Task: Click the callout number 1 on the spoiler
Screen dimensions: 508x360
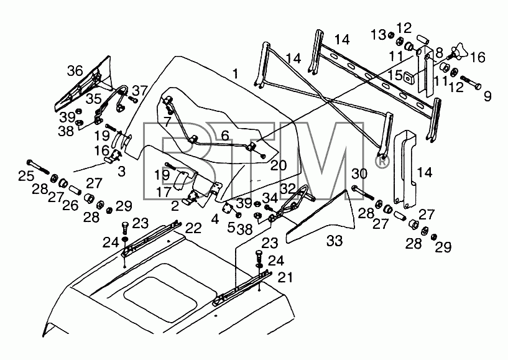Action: (236, 74)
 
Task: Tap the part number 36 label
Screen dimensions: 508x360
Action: (75, 71)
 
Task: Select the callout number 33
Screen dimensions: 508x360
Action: (335, 241)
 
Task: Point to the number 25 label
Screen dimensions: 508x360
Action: (26, 177)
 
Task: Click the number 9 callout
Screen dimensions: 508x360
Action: (487, 96)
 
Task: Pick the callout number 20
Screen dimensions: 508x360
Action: (279, 165)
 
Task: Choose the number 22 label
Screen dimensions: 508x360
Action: (194, 228)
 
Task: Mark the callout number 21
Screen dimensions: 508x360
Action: (285, 277)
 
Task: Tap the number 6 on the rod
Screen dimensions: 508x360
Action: (225, 136)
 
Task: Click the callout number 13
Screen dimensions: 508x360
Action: (379, 35)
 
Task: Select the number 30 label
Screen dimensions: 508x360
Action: (359, 174)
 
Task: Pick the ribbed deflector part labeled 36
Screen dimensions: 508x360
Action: (83, 84)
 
